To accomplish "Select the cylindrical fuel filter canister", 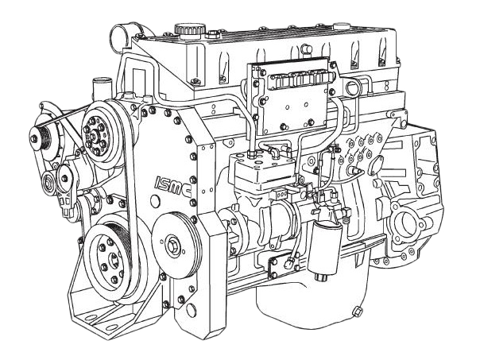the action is pyautogui.click(x=324, y=248).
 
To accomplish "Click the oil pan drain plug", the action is pyautogui.click(x=357, y=312).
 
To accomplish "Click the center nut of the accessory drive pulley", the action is pyautogui.click(x=171, y=246).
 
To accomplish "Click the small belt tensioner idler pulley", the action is pyautogui.click(x=48, y=183).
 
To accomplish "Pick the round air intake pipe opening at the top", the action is pyautogui.click(x=120, y=37).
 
